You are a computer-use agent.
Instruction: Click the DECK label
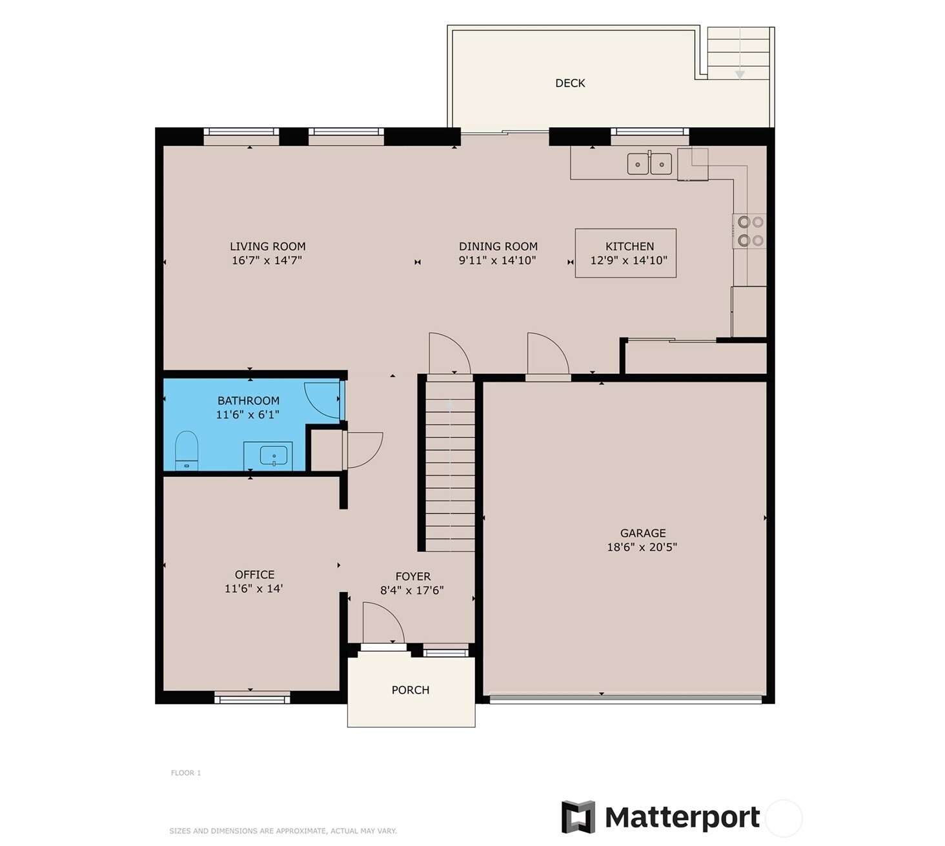[x=570, y=83]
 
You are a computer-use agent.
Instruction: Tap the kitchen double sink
[x=649, y=164]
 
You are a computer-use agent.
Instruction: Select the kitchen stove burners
[x=750, y=231]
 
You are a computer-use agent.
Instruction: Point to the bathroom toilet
[x=187, y=450]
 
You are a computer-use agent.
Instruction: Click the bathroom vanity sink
[x=273, y=455]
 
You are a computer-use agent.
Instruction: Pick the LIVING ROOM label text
[x=268, y=247]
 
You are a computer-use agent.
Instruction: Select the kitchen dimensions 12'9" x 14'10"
[x=629, y=260]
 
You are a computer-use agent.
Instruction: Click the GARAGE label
[x=643, y=533]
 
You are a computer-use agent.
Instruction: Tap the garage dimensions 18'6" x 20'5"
[x=642, y=547]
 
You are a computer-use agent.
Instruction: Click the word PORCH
[x=411, y=690]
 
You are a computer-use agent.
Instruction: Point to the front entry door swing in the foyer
[x=383, y=623]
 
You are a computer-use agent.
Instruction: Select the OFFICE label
[x=255, y=574]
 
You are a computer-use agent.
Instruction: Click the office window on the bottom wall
[x=252, y=698]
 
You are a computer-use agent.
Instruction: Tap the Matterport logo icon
[x=578, y=817]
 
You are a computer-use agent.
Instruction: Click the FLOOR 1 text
[x=186, y=773]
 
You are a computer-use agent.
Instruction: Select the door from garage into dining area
[x=548, y=355]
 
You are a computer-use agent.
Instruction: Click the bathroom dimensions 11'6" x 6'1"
[x=248, y=415]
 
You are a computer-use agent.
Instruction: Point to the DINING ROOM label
[x=498, y=247]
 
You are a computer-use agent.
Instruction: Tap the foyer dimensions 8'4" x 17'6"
[x=412, y=590]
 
